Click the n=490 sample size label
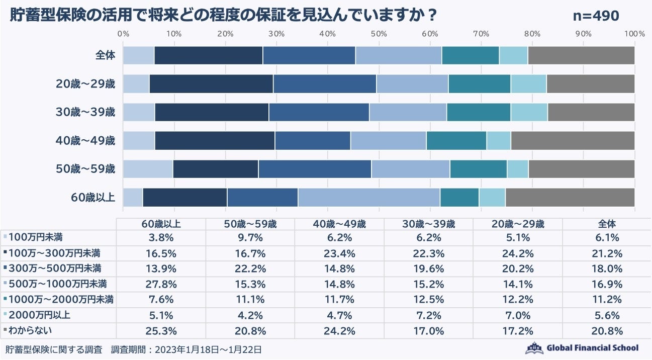click(x=596, y=16)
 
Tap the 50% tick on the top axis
click(x=379, y=34)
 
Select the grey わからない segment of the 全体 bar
click(x=581, y=55)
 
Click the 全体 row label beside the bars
click(x=106, y=55)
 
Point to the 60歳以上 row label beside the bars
click(x=94, y=197)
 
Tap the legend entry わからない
click(x=31, y=331)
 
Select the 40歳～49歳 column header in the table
click(x=340, y=224)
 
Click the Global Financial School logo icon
click(x=534, y=348)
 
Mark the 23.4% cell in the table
click(x=340, y=252)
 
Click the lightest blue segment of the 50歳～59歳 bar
click(x=148, y=169)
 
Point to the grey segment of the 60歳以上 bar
click(x=570, y=197)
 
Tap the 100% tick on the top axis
click(x=634, y=34)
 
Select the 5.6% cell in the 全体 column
click(x=607, y=315)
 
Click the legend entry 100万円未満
click(x=36, y=237)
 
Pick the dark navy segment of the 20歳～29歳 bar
click(x=211, y=83)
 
